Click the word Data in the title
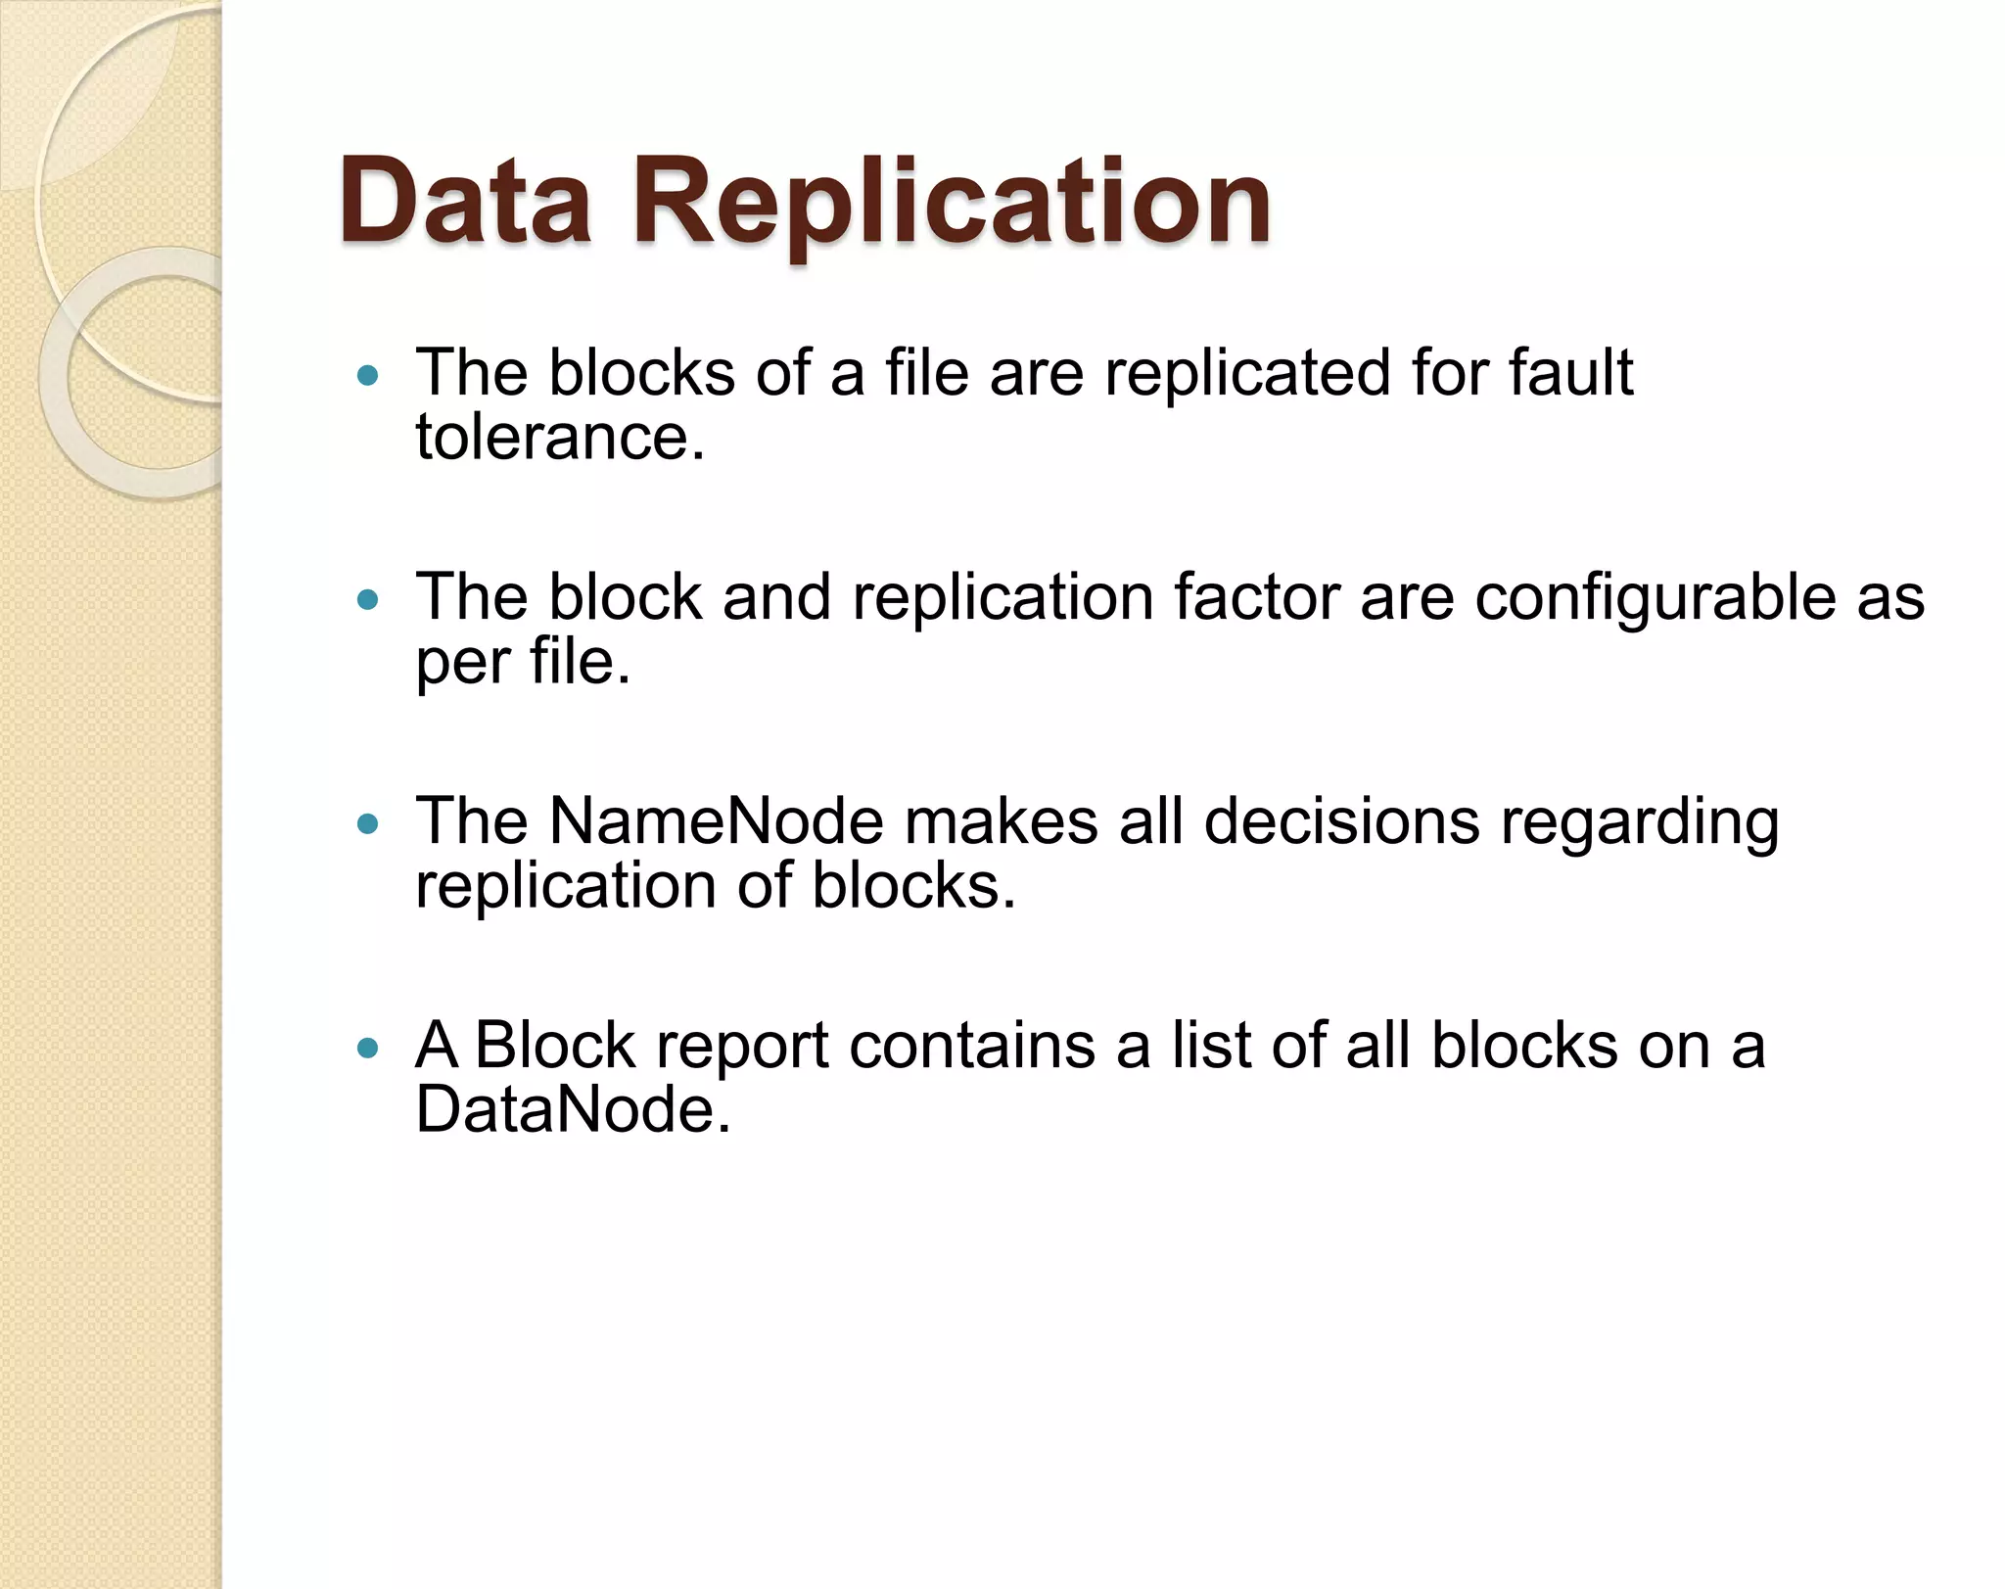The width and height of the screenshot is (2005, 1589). click(465, 202)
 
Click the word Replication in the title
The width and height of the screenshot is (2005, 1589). click(951, 202)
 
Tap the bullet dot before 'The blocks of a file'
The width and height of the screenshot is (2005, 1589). click(368, 374)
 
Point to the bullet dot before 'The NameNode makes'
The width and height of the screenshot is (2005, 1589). click(368, 823)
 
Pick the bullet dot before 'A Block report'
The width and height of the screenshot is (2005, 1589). click(368, 1049)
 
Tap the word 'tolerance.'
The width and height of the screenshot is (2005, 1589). click(560, 437)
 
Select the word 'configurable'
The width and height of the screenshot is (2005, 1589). click(1655, 599)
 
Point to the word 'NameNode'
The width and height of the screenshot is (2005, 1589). click(716, 821)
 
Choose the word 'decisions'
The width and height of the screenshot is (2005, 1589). click(1341, 821)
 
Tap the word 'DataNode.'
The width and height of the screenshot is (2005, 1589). click(573, 1110)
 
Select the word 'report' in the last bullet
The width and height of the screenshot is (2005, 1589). click(742, 1048)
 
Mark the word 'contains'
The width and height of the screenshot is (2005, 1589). click(972, 1046)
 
